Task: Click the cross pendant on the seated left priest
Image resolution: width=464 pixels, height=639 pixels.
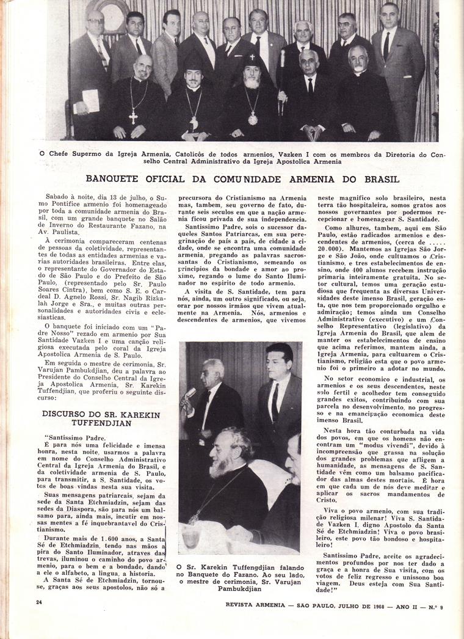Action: [133, 115]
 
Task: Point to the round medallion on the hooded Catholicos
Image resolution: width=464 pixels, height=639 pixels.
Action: [253, 118]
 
